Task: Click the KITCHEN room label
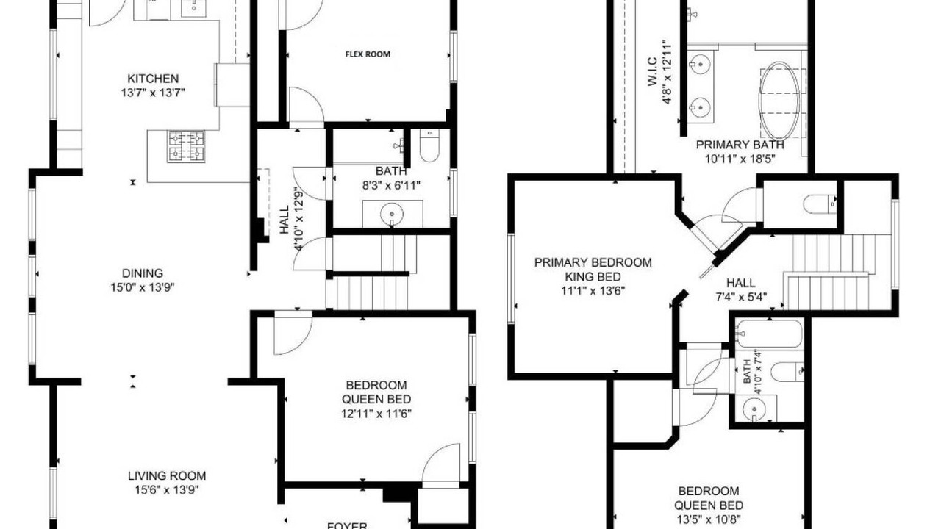coord(153,79)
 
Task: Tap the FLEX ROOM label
coord(368,54)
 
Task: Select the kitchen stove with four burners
coord(186,146)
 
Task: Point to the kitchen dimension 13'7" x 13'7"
coord(153,93)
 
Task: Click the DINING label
coord(143,273)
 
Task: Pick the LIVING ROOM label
coord(167,475)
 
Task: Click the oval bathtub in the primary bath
coord(779,101)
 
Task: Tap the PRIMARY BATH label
coord(740,145)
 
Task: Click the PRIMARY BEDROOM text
coord(593,262)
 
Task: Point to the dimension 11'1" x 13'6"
coord(593,290)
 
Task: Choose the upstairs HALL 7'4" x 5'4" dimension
coord(741,297)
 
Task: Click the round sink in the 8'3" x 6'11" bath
coord(392,214)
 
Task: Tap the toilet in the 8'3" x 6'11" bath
coord(429,145)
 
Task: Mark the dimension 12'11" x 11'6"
coord(376,414)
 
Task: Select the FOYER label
coord(347,525)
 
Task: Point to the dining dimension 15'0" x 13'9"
coord(143,287)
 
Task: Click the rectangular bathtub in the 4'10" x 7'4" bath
coord(769,334)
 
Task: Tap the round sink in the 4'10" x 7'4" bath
coord(754,410)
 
